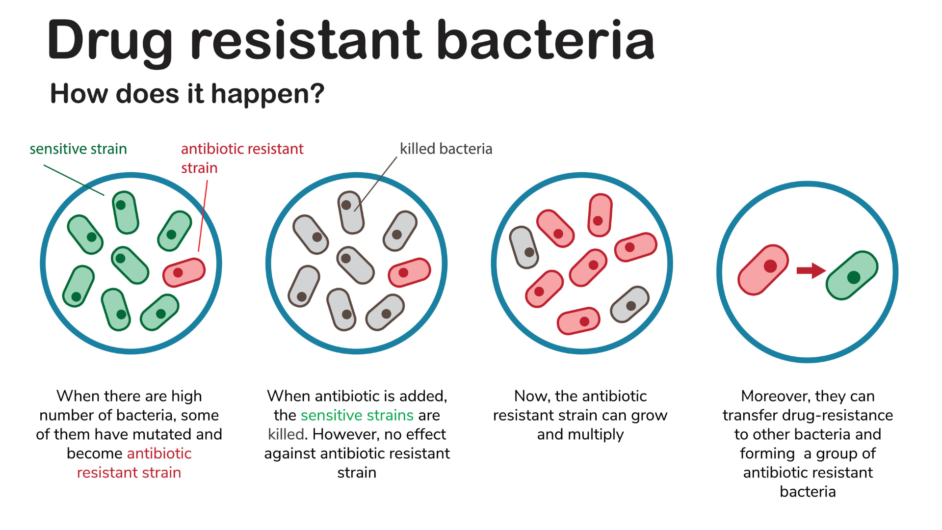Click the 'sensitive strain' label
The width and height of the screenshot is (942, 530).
click(x=78, y=149)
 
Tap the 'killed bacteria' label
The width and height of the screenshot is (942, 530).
click(x=445, y=149)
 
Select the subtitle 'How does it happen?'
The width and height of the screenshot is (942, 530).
click(x=187, y=93)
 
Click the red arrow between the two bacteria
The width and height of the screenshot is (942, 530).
click(x=811, y=270)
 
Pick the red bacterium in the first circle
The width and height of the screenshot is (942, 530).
click(x=184, y=272)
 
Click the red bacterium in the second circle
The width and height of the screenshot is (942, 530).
click(x=409, y=272)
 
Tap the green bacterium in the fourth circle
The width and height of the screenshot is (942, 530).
click(x=852, y=275)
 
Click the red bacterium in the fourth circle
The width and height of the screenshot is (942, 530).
click(x=763, y=270)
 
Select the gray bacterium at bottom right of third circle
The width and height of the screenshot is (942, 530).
click(x=629, y=305)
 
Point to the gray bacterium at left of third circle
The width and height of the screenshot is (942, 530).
click(x=524, y=247)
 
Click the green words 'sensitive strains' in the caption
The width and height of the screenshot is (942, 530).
click(x=357, y=415)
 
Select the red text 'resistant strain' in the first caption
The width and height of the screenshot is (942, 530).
click(x=129, y=473)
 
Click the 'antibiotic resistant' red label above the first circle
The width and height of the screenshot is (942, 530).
click(x=242, y=149)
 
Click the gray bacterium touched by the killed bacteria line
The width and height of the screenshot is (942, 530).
click(x=351, y=212)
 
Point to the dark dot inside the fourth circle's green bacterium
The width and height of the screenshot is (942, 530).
click(x=854, y=277)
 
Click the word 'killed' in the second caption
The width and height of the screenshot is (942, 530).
click(x=287, y=434)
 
